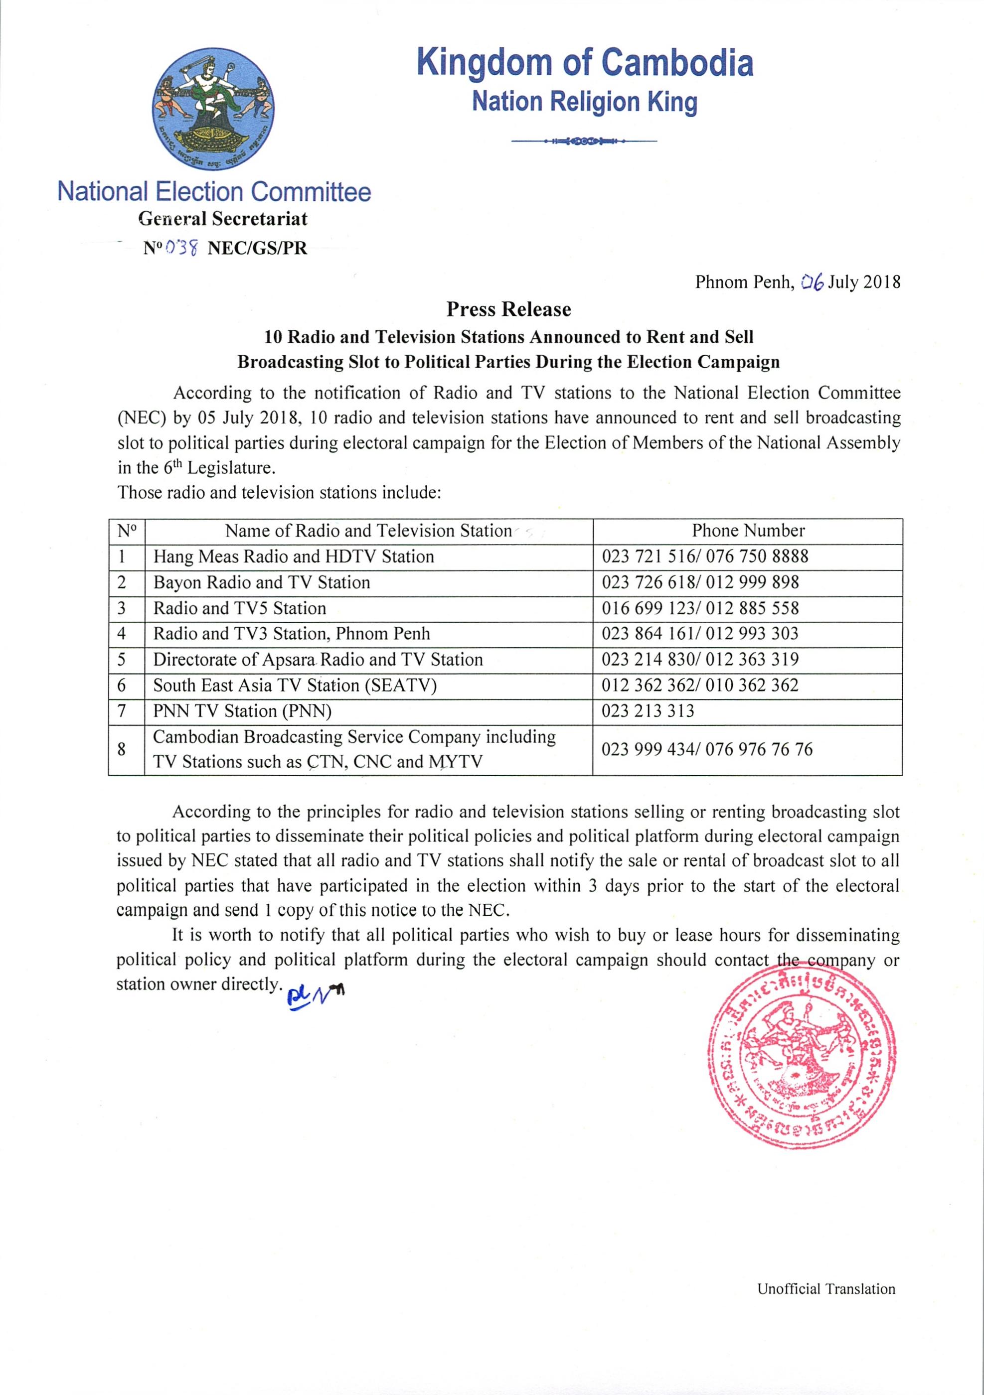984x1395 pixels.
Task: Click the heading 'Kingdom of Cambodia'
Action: tap(585, 63)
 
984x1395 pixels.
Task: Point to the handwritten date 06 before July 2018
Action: tap(812, 282)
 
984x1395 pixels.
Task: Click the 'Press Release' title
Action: tap(509, 309)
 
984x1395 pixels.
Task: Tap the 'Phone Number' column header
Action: tap(748, 531)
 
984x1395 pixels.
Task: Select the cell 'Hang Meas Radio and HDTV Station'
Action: tap(294, 557)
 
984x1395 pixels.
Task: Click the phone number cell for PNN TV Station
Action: tap(648, 711)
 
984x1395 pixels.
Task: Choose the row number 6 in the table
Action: tap(122, 686)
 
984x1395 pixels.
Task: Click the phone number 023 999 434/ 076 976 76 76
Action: tap(707, 749)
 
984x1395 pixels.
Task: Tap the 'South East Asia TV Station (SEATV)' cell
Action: tap(295, 686)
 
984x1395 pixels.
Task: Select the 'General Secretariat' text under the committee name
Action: tap(223, 219)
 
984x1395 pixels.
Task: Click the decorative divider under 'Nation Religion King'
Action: tap(584, 141)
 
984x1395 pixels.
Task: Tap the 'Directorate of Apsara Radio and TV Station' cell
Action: tap(318, 660)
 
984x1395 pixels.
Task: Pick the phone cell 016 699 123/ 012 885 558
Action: tap(700, 608)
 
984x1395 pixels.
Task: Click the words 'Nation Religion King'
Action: tap(585, 102)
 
